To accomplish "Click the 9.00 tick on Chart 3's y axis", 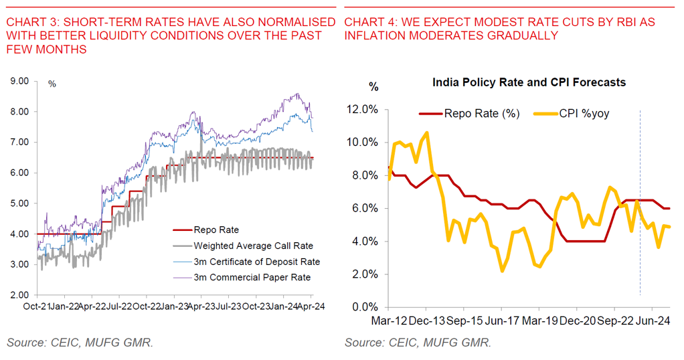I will (x=19, y=81).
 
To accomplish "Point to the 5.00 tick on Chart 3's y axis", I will (x=19, y=203).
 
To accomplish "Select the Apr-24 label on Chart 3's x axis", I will (x=311, y=306).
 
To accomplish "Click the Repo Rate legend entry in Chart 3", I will (x=216, y=230).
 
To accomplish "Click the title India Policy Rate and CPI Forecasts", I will (x=529, y=82).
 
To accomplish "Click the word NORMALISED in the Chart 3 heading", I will (x=292, y=22).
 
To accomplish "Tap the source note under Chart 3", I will (x=80, y=343).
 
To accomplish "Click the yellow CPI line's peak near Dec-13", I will (x=427, y=132).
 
